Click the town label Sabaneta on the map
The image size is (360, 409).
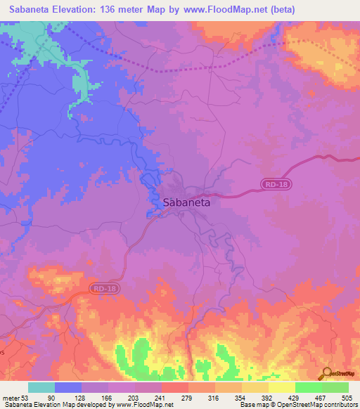186,202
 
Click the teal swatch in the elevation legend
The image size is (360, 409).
41,387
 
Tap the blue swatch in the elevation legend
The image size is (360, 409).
67,387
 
